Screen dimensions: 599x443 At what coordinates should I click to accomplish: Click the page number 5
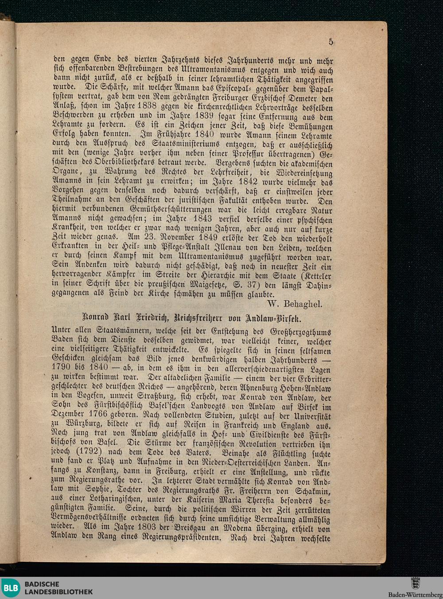pos(330,42)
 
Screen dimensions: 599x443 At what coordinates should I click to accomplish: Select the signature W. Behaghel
pos(295,304)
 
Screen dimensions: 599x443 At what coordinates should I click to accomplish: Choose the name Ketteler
pos(315,275)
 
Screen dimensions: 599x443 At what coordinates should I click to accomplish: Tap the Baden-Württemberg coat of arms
pos(415,583)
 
